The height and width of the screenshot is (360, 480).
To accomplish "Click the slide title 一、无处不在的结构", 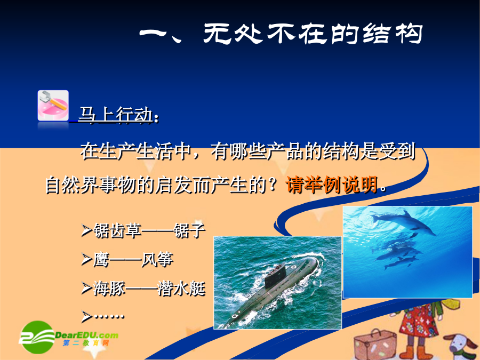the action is (281, 33).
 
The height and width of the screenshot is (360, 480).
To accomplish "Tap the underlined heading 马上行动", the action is (116, 115).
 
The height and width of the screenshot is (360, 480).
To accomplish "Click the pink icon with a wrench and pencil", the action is (53, 105).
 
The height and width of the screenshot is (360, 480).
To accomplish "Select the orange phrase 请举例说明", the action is (332, 185).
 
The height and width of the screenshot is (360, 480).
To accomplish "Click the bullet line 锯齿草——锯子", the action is (143, 230).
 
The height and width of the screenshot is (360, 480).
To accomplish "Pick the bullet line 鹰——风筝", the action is (127, 260).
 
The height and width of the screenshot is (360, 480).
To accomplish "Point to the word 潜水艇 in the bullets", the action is (181, 289).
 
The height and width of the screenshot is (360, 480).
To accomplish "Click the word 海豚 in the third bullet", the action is (109, 289).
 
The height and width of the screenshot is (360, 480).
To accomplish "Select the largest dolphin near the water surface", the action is (404, 223).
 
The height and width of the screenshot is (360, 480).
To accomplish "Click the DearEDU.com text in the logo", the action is (86, 335).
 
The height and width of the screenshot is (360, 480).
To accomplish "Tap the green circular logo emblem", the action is (37, 337).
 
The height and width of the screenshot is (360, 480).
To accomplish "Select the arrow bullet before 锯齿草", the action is (86, 230).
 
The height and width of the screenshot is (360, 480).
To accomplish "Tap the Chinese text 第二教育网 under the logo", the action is (86, 343).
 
